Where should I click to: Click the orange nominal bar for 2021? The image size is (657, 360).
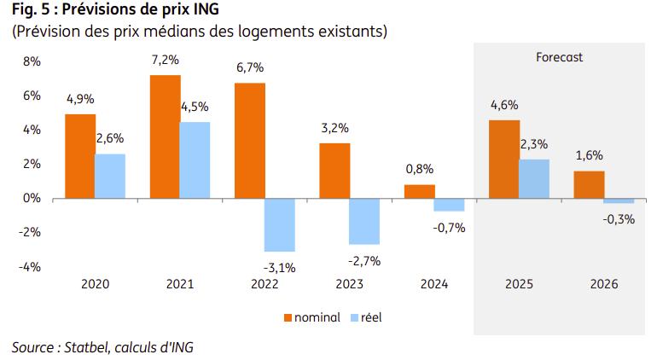[x=166, y=136]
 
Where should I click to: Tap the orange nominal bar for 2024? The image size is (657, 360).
[x=419, y=191]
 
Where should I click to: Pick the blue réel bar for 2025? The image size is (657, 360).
[x=534, y=178]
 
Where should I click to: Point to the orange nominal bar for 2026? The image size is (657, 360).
[x=588, y=184]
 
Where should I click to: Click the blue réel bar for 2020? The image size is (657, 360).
[x=109, y=176]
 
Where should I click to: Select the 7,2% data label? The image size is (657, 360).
[x=165, y=61]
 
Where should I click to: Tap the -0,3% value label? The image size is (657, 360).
[x=619, y=219]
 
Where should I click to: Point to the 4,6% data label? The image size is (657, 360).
[x=503, y=106]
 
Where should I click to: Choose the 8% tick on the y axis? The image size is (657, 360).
[x=32, y=61]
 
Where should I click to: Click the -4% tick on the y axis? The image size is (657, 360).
[x=30, y=266]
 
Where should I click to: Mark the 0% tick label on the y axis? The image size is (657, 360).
[x=32, y=198]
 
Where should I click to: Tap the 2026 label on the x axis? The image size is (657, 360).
[x=603, y=285]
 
